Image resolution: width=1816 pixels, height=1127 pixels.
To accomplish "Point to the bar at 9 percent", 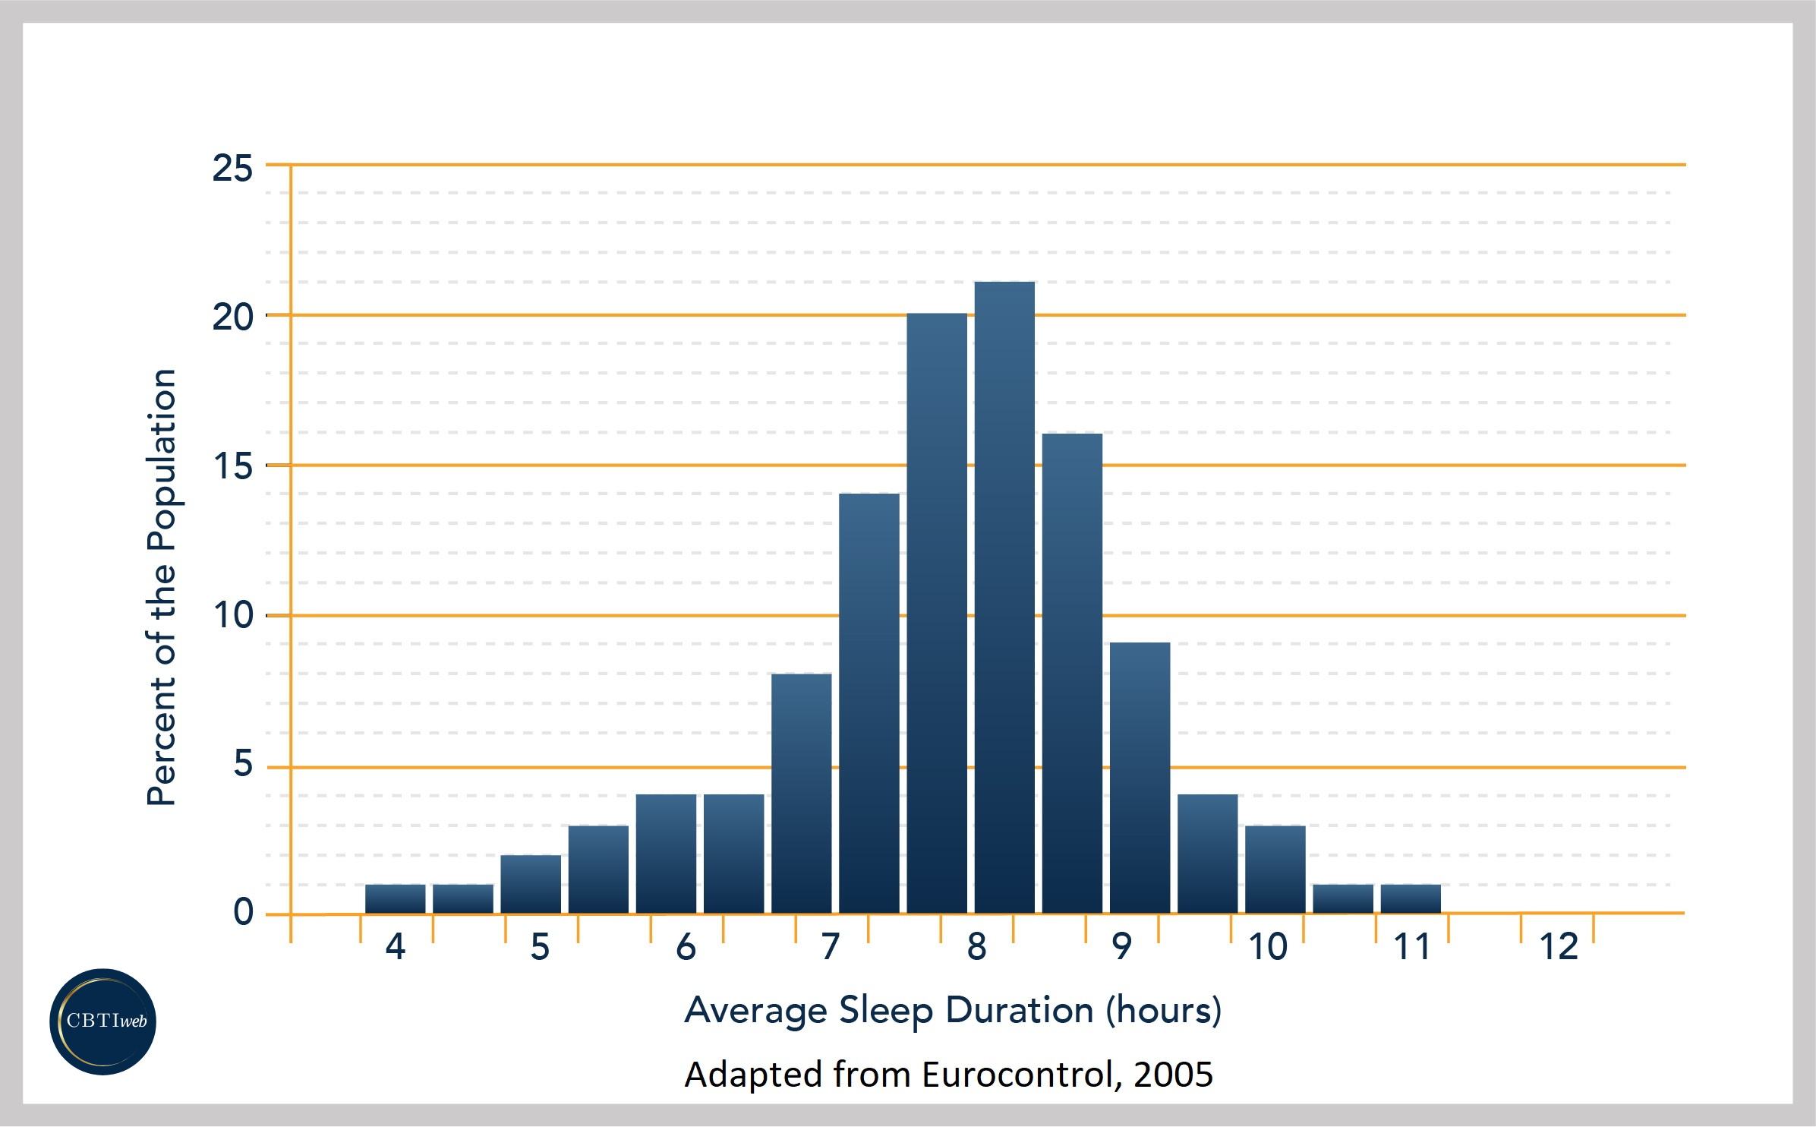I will [1140, 778].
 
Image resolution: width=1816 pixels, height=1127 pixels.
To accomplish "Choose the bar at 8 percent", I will [802, 793].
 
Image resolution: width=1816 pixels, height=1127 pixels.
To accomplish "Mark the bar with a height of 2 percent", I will [531, 884].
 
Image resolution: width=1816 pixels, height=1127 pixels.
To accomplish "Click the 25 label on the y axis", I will [232, 169].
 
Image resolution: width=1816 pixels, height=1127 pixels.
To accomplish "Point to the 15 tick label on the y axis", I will [232, 466].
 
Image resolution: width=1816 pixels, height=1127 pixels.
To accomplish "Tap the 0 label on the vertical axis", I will [243, 912].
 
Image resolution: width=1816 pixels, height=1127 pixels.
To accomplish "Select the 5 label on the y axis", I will [243, 764].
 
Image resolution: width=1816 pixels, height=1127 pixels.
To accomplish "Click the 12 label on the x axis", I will [1558, 947].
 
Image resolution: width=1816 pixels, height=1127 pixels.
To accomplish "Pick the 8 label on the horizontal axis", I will [976, 947].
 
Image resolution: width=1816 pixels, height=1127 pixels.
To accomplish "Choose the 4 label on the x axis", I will [396, 947].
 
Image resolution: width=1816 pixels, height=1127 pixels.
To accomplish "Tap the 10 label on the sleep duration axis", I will [1267, 947].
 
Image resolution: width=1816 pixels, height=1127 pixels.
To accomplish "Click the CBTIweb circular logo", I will [103, 1021].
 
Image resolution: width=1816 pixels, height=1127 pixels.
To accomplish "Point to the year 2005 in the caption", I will [1173, 1075].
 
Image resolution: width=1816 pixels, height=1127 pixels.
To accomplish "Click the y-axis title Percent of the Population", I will [162, 587].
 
